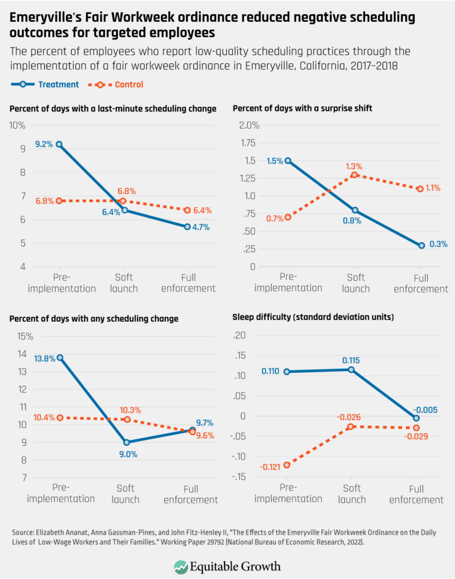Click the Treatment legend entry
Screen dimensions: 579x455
[x=45, y=85]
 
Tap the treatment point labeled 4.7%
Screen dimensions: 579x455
[x=187, y=226]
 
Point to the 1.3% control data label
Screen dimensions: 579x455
[x=353, y=167]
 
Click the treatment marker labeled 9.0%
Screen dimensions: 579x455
[x=126, y=442]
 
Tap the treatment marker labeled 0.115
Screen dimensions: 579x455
[x=351, y=370]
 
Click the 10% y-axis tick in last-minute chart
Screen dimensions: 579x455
[x=18, y=126]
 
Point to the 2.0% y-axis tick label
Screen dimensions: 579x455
[x=249, y=126]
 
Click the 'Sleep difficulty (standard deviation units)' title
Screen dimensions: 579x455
[x=313, y=318]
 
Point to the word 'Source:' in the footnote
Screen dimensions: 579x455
[x=22, y=532]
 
